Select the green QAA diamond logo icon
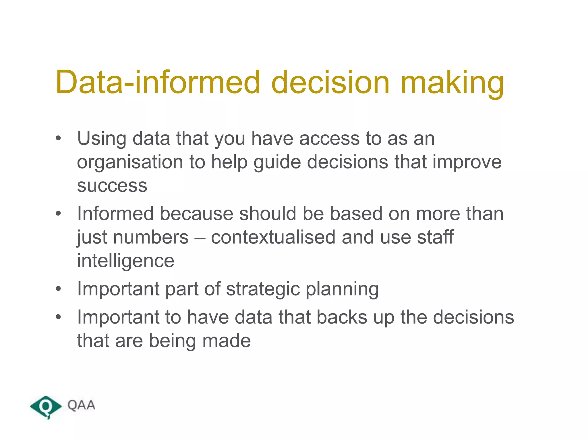coord(46,407)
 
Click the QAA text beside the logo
coord(81,405)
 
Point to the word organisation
coord(130,163)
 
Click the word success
coord(112,185)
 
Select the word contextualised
coord(273,237)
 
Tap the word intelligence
coord(125,261)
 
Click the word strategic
coord(263,289)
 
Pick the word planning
coord(342,289)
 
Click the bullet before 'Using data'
coord(59,138)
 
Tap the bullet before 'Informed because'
coord(59,214)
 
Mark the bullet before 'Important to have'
coord(59,317)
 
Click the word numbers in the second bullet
coord(151,238)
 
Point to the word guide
coord(277,163)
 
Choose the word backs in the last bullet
coord(342,317)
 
